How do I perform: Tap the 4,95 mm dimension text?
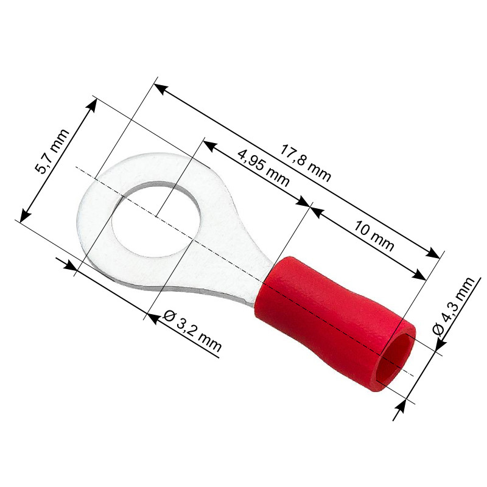pyautogui.click(x=263, y=168)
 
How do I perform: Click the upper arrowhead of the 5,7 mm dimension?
pyautogui.click(x=92, y=104)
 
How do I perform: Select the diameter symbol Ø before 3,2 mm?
pyautogui.click(x=171, y=317)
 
